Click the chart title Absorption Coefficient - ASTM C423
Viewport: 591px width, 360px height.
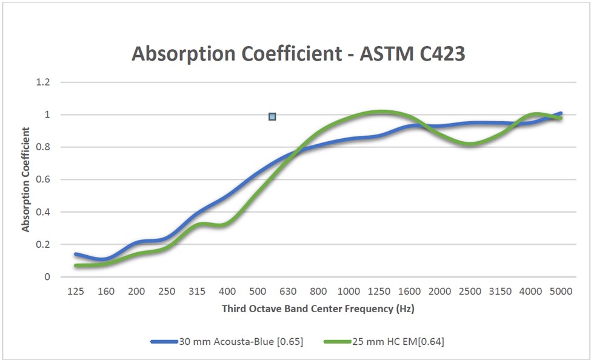tap(298, 54)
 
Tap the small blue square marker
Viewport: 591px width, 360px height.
tap(272, 116)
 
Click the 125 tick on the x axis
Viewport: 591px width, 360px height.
tap(76, 292)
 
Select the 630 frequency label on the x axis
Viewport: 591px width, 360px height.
tap(289, 292)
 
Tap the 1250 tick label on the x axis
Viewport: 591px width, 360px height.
tap(379, 292)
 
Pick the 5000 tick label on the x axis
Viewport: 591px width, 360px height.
tap(561, 292)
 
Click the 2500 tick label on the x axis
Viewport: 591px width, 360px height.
tap(470, 292)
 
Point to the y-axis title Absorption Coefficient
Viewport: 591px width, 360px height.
tap(26, 179)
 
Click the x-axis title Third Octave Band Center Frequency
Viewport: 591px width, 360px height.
tap(318, 308)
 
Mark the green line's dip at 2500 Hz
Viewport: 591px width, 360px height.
tap(470, 144)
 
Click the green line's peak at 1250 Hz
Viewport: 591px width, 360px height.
tap(379, 112)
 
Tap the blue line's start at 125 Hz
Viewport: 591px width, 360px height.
tap(76, 254)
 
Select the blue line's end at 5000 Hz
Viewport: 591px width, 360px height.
tap(560, 113)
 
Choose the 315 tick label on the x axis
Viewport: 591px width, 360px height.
tap(198, 292)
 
